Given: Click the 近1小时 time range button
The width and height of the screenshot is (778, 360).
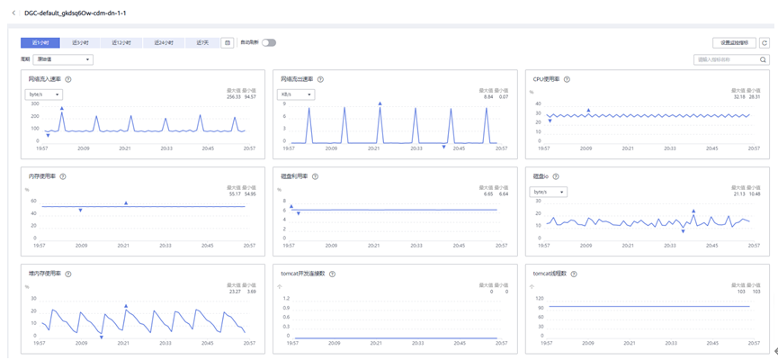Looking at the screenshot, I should point(40,42).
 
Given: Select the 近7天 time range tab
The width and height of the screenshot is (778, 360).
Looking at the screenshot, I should point(202,42).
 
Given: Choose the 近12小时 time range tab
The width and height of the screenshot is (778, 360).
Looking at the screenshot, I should point(121,42).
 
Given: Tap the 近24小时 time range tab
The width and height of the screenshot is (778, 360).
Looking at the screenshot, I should point(163,42).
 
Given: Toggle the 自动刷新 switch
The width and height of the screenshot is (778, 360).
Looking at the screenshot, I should point(268,42).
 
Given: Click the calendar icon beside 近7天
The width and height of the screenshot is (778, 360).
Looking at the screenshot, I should point(228,42).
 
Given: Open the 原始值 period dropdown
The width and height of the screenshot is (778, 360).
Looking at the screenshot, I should point(63,59).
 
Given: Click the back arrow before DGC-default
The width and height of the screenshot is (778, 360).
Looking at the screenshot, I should point(13,13).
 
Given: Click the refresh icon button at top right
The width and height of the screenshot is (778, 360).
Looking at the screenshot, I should point(765,42).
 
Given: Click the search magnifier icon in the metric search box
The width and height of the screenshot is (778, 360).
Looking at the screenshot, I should point(764,60).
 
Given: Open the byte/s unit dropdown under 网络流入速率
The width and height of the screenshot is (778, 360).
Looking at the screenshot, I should point(43,94).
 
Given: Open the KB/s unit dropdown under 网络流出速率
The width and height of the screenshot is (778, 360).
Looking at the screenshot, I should point(296,94).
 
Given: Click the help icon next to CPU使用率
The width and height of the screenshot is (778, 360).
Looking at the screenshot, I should point(567,79).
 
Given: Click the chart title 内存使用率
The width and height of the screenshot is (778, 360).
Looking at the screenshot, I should point(42,176).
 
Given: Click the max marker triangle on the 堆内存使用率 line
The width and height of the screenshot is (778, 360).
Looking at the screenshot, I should point(126,306).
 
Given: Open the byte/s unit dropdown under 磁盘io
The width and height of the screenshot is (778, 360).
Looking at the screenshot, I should point(549,192).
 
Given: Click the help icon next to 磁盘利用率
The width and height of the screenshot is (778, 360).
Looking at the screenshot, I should point(315,176).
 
